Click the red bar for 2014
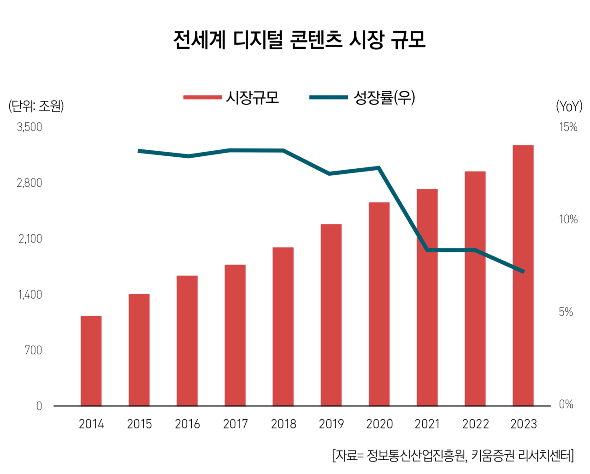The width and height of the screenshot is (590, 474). [x=91, y=361]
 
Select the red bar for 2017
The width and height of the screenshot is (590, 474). [x=235, y=335]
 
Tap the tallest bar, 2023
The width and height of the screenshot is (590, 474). [x=523, y=276]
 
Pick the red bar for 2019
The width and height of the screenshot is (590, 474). [x=331, y=315]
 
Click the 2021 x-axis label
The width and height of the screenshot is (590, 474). [x=427, y=424]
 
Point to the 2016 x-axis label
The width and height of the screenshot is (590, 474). [x=187, y=424]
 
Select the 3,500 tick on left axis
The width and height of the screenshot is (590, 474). [x=29, y=127]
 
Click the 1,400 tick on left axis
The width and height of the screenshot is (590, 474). [x=30, y=295]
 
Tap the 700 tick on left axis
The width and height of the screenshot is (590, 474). [x=33, y=350]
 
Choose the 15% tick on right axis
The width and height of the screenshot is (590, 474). [x=568, y=127]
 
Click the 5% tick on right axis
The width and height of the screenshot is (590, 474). [x=566, y=312]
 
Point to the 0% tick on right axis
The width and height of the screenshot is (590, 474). [x=566, y=405]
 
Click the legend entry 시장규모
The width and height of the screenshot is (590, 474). [x=252, y=97]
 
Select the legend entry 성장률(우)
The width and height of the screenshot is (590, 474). [x=384, y=97]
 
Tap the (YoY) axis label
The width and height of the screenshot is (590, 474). [x=569, y=107]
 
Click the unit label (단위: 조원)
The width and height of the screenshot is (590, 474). [x=36, y=106]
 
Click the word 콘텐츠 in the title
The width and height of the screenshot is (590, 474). [x=316, y=40]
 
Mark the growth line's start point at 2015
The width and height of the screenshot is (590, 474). [x=139, y=151]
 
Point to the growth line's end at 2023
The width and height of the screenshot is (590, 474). [x=523, y=272]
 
